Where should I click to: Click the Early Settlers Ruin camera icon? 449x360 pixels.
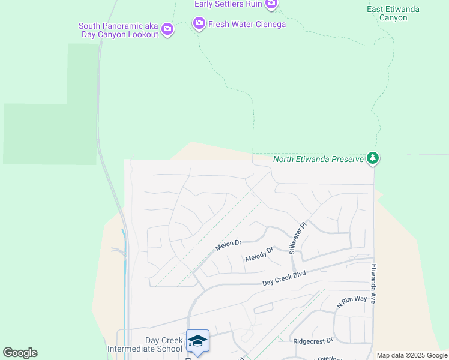pyautogui.click(x=271, y=4)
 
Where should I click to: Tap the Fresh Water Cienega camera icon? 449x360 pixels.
pyautogui.click(x=199, y=24)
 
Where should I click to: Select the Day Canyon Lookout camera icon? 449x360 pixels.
pyautogui.click(x=167, y=29)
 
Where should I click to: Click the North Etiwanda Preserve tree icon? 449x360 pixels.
pyautogui.click(x=373, y=158)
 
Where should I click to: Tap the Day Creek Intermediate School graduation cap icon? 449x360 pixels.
pyautogui.click(x=197, y=341)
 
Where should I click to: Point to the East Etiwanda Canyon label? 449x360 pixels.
pyautogui.click(x=393, y=13)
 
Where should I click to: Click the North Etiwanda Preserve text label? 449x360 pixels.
pyautogui.click(x=318, y=159)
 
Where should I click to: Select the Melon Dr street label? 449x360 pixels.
pyautogui.click(x=229, y=245)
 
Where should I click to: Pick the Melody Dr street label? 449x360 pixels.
pyautogui.click(x=259, y=254)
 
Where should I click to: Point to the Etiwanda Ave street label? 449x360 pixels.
pyautogui.click(x=373, y=284)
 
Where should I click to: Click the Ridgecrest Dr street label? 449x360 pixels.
pyautogui.click(x=313, y=341)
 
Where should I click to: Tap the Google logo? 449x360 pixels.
pyautogui.click(x=20, y=353)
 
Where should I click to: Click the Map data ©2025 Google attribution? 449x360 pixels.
pyautogui.click(x=412, y=355)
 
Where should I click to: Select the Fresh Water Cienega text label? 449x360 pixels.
pyautogui.click(x=247, y=24)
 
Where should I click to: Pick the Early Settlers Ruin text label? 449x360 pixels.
pyautogui.click(x=228, y=4)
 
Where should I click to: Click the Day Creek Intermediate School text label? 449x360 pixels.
pyautogui.click(x=145, y=344)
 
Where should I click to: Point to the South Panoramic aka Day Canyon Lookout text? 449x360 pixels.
pyautogui.click(x=118, y=30)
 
